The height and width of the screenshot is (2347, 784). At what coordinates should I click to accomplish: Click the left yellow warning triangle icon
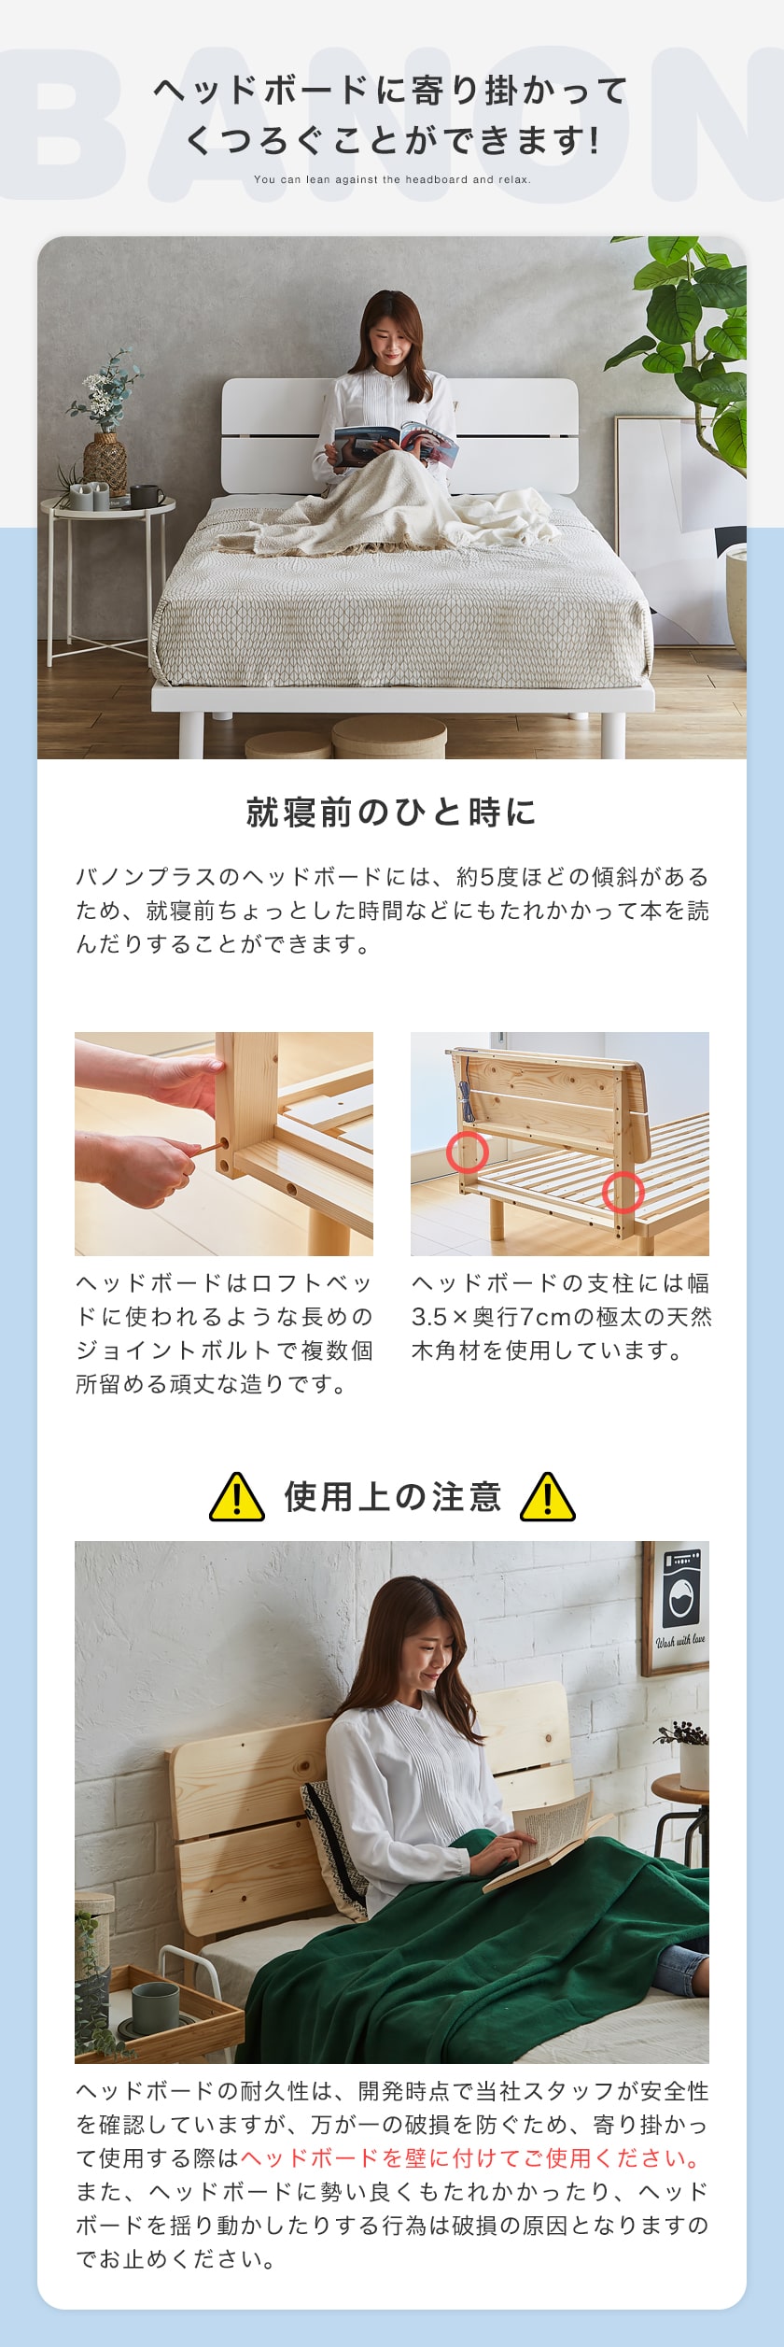(x=237, y=1497)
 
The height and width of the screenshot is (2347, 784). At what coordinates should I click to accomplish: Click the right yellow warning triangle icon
(x=548, y=1497)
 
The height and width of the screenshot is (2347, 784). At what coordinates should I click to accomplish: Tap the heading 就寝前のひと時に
(x=392, y=813)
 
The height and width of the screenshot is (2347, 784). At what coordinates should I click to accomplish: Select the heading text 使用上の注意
(x=393, y=1496)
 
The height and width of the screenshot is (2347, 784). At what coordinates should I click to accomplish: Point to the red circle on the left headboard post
(x=467, y=1152)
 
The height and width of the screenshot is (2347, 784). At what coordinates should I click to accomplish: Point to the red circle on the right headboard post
(x=623, y=1192)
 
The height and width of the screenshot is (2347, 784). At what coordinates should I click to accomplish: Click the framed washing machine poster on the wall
(x=676, y=1608)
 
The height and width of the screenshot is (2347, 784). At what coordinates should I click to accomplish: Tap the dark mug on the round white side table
(x=145, y=496)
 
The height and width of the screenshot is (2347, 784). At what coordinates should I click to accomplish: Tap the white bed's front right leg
(x=612, y=734)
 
